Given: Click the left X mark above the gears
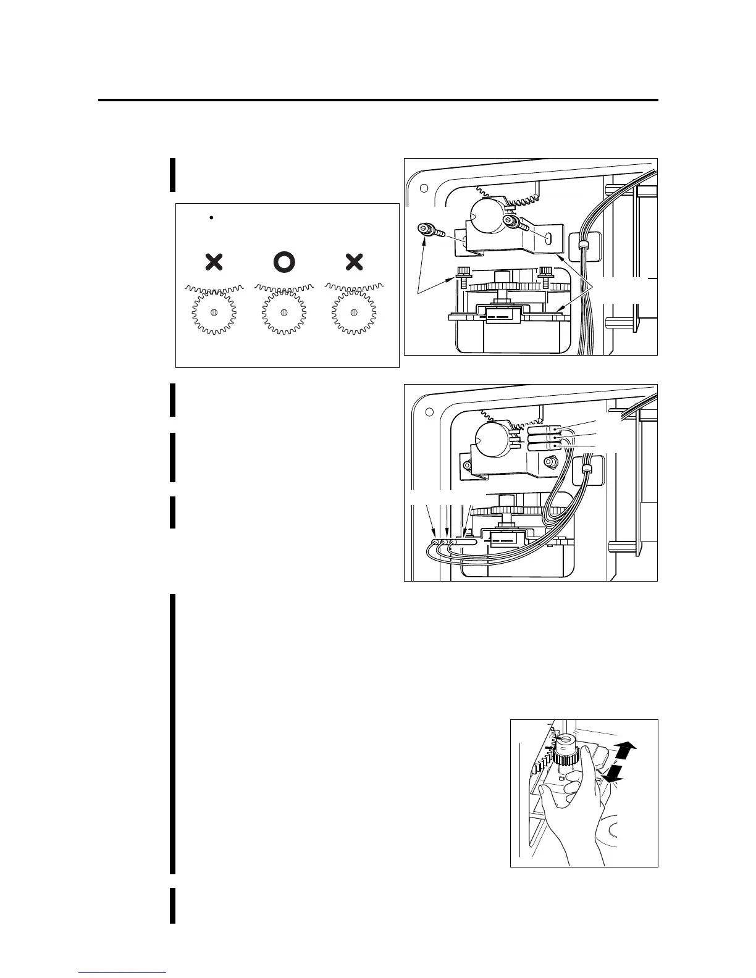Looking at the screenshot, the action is coord(214,262).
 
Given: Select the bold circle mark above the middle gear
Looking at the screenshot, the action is coord(284,262).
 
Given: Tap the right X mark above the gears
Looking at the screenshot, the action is coord(354,262).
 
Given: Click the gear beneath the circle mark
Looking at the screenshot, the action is coord(283,312).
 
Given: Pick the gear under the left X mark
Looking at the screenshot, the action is coord(214,312).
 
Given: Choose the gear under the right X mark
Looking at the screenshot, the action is coord(353,312).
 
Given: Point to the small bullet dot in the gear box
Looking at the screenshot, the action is coord(211,217).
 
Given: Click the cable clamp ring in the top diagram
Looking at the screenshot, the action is coord(581,246).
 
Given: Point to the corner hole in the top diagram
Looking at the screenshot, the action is coord(424,188).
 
